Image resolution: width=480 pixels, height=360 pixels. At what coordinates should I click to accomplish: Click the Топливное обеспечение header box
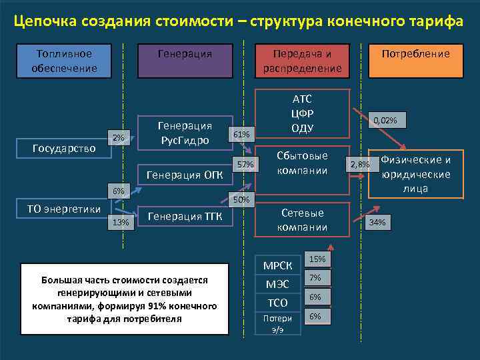pyautogui.click(x=64, y=61)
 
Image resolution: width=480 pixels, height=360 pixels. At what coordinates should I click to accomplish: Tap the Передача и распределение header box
pyautogui.click(x=302, y=61)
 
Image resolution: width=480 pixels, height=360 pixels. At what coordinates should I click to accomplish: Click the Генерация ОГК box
pyautogui.click(x=184, y=175)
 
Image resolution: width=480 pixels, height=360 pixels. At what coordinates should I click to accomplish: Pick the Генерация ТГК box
pyautogui.click(x=185, y=216)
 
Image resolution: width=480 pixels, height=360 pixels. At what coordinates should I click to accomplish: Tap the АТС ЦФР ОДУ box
pyautogui.click(x=303, y=113)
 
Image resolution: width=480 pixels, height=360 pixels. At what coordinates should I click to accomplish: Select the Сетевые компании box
pyautogui.click(x=303, y=220)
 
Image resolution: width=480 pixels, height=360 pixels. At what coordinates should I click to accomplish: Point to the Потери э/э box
pyautogui.click(x=278, y=323)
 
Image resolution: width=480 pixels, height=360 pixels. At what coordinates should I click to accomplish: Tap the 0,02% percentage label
pyautogui.click(x=385, y=121)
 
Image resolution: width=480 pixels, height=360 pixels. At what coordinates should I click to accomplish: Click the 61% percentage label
pyautogui.click(x=241, y=135)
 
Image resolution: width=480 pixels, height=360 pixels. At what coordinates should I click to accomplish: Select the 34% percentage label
pyautogui.click(x=377, y=223)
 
